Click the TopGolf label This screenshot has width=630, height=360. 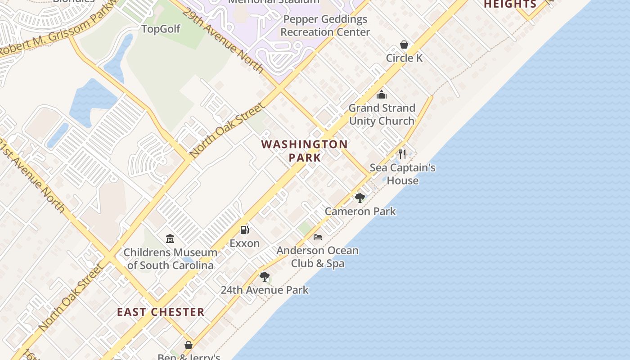pyautogui.click(x=161, y=29)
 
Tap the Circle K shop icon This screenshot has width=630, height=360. pyautogui.click(x=404, y=45)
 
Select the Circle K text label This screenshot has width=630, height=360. pyautogui.click(x=404, y=58)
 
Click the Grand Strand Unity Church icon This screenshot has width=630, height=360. pyautogui.click(x=382, y=94)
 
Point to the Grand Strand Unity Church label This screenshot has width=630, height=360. pyautogui.click(x=382, y=114)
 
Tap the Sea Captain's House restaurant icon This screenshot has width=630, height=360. pyautogui.click(x=402, y=154)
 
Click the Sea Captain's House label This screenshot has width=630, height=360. pyautogui.click(x=402, y=174)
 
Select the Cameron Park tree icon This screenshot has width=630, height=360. pyautogui.click(x=360, y=198)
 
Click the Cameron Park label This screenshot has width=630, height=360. pyautogui.click(x=360, y=211)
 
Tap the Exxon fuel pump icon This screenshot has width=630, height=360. pyautogui.click(x=244, y=230)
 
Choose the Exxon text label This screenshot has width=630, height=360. pyautogui.click(x=244, y=243)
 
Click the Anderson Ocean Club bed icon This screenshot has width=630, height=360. pyautogui.click(x=318, y=237)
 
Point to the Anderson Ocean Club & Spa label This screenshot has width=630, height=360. pyautogui.click(x=318, y=257)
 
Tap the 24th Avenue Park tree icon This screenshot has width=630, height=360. pyautogui.click(x=265, y=276)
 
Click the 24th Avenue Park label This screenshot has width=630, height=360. pyautogui.click(x=265, y=290)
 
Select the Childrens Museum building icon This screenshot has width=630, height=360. pyautogui.click(x=170, y=238)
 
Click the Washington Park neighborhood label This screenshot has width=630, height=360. pyautogui.click(x=305, y=151)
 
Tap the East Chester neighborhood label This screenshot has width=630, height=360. pyautogui.click(x=161, y=312)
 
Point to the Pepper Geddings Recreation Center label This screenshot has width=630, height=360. pyautogui.click(x=325, y=26)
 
